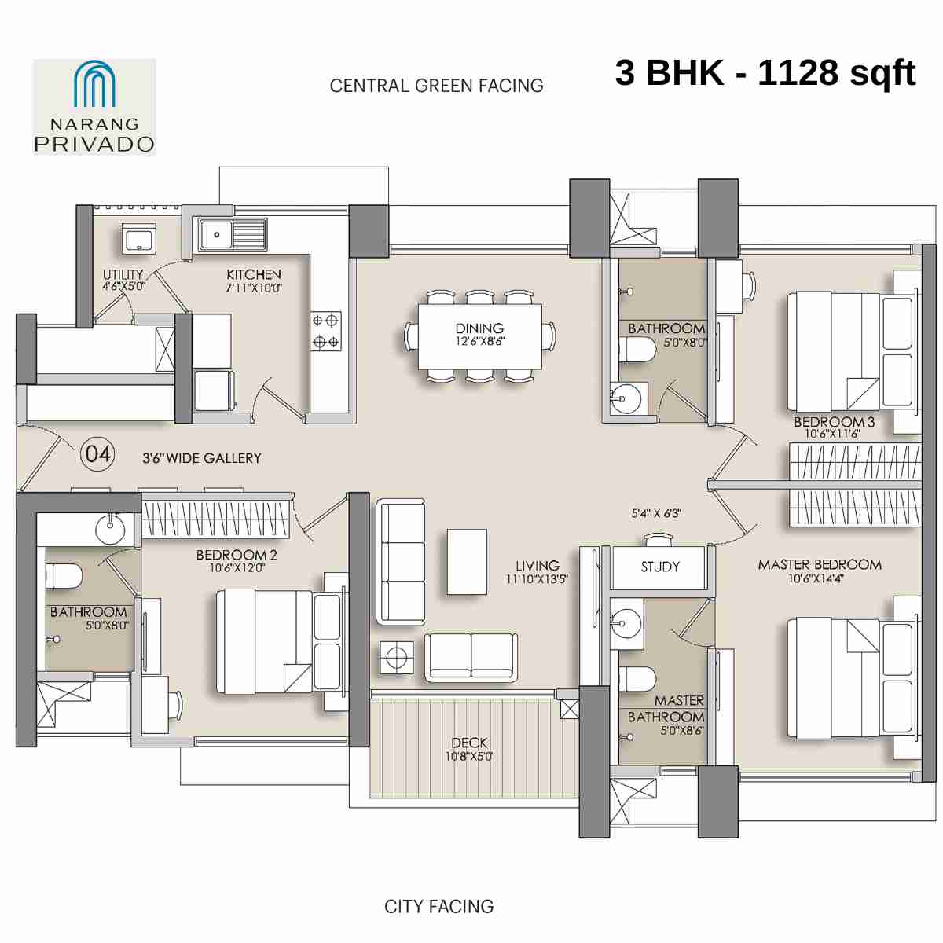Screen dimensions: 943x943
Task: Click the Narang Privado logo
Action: (x=94, y=107)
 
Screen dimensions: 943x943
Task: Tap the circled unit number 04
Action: (x=98, y=454)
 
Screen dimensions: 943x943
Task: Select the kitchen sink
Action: (x=232, y=234)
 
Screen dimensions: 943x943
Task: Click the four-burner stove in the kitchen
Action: (x=325, y=331)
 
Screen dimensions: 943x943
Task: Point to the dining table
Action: (x=479, y=335)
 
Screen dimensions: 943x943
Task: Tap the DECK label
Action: (x=469, y=743)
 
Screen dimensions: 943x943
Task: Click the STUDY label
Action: (x=660, y=567)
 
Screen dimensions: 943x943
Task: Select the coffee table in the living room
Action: (x=467, y=561)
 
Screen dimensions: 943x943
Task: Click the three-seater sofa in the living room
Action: (x=401, y=561)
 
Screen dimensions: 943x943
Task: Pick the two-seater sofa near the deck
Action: (x=472, y=657)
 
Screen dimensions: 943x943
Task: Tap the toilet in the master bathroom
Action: (x=637, y=680)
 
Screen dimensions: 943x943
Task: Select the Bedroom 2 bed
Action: (x=279, y=641)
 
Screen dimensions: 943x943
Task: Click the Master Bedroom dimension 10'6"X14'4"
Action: (x=816, y=579)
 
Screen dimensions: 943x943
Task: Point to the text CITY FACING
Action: (x=438, y=907)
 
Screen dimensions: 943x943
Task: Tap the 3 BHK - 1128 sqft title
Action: (x=765, y=73)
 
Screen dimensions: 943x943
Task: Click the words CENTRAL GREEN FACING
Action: (x=436, y=86)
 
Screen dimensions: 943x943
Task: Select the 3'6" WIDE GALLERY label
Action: (x=201, y=458)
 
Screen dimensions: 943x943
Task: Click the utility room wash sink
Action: (x=139, y=238)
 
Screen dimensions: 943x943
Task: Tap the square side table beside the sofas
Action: (x=398, y=656)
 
